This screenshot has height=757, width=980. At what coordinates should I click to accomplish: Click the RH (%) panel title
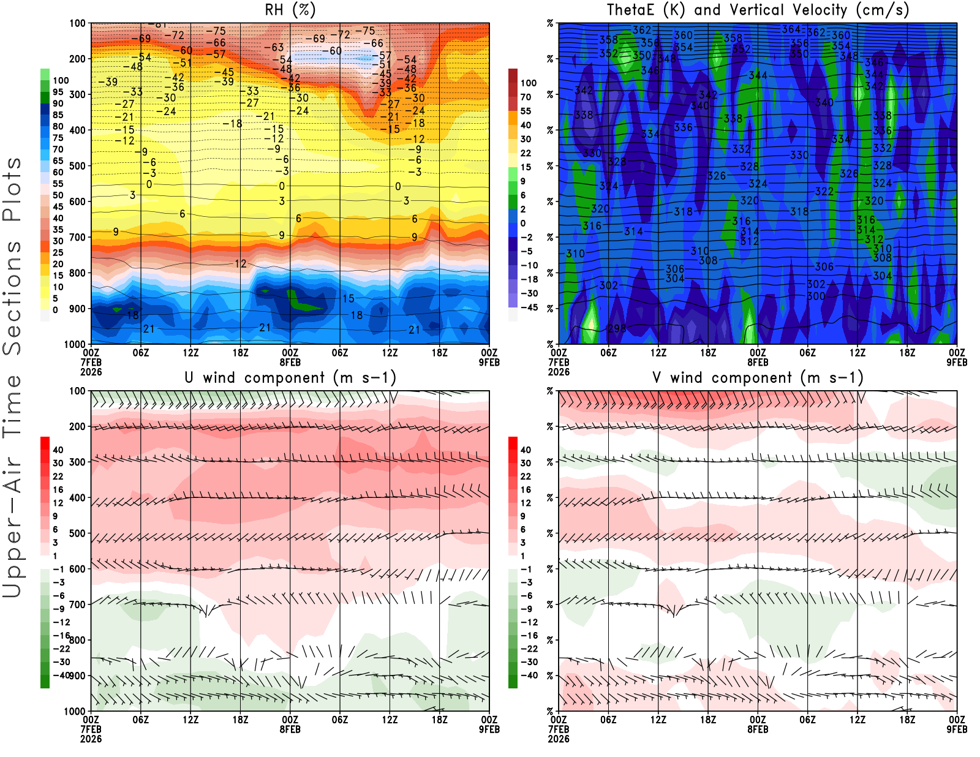tap(290, 10)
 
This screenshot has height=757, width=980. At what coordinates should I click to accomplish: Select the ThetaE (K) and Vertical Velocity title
tap(758, 10)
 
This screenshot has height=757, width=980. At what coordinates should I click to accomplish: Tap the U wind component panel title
tap(290, 378)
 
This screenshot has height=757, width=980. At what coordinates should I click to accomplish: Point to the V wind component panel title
tap(758, 378)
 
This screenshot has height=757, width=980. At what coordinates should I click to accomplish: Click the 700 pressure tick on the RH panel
tap(77, 237)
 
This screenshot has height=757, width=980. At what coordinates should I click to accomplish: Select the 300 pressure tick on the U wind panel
tap(77, 462)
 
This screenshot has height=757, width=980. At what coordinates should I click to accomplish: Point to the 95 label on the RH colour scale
tap(58, 92)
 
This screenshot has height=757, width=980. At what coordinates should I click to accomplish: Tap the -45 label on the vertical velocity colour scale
tap(528, 307)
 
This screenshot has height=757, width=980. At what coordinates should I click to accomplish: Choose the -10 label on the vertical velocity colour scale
tap(528, 265)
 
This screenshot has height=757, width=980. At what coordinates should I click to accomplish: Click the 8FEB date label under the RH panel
tap(290, 362)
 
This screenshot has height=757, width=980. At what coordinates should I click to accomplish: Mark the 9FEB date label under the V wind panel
tap(957, 729)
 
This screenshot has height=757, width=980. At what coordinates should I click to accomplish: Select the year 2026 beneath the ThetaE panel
tap(559, 372)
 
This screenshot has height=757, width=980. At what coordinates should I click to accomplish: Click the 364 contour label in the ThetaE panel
tap(791, 29)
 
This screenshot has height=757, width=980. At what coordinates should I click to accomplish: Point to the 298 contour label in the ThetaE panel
tap(617, 329)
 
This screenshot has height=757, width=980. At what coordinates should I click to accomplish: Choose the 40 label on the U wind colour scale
tap(58, 450)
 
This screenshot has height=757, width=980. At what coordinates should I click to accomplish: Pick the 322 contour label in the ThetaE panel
tap(824, 192)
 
